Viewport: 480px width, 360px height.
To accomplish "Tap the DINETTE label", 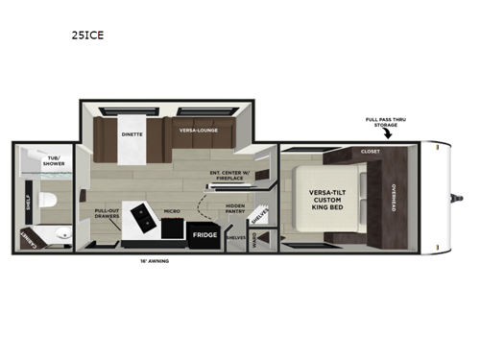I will pos(132,134).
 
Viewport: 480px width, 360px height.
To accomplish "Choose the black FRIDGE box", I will pos(204,234).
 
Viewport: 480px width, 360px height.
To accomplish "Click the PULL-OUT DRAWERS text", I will pos(107,215).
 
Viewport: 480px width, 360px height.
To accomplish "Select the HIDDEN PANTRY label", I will pos(236,208).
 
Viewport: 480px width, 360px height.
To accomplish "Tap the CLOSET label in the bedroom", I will pos(370,152).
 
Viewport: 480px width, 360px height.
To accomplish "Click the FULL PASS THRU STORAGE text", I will pos(384,122).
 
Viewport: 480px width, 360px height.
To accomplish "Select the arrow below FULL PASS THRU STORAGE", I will pos(388,137).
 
